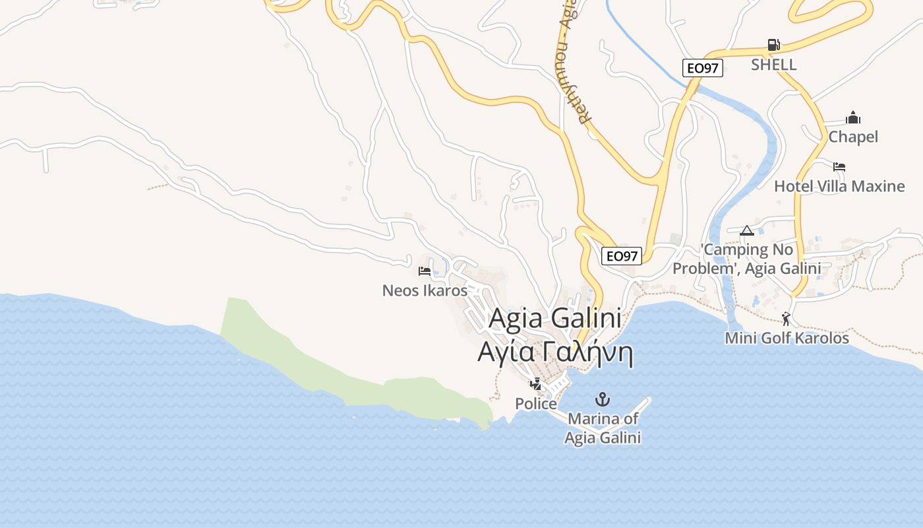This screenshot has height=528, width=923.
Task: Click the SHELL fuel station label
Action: tap(774, 65)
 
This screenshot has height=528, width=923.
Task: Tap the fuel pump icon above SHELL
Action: tap(774, 45)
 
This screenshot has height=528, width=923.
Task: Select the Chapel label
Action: tap(853, 137)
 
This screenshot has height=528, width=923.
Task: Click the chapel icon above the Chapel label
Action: tap(853, 118)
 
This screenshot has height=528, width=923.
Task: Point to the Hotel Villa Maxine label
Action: tap(839, 186)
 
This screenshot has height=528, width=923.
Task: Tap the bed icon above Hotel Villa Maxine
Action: tap(839, 167)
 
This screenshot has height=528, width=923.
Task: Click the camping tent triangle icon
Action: tap(746, 230)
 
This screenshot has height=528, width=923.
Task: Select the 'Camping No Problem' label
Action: tap(747, 259)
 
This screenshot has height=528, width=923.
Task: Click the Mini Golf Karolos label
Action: tap(787, 338)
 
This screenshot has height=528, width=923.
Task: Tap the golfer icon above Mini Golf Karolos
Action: tap(786, 319)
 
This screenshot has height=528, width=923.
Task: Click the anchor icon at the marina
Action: tap(602, 399)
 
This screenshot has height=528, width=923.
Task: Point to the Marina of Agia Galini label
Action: tap(603, 428)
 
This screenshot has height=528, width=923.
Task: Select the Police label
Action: tap(536, 403)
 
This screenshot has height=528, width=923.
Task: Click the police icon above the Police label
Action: tap(536, 383)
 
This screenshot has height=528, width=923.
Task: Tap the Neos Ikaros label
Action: tap(425, 290)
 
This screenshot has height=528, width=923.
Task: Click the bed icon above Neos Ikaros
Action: tap(425, 271)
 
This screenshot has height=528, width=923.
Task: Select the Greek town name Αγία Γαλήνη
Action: tap(555, 353)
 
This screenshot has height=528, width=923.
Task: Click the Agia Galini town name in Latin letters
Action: tap(555, 319)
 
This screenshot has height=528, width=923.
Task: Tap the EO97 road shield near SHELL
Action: tap(703, 68)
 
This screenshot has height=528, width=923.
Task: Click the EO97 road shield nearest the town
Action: tap(622, 256)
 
